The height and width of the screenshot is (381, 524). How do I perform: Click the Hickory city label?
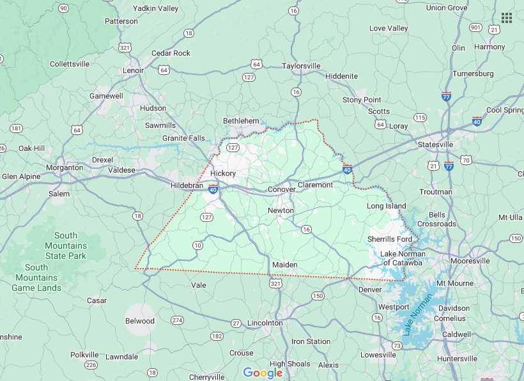coord(223,173)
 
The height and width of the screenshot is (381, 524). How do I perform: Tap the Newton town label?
coord(281,210)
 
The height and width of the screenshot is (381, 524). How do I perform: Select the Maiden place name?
coord(284,265)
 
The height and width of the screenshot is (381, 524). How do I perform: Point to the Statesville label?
coord(435,144)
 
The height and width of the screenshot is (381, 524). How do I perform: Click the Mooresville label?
coord(470,261)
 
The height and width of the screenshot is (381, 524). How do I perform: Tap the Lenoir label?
coord(134,70)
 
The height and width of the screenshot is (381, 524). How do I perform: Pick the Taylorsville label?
coord(301,66)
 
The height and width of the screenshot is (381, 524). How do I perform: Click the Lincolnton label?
coord(265,323)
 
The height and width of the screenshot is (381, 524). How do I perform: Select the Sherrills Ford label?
coord(389,239)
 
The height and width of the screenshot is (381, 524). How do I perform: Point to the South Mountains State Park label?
coord(66,245)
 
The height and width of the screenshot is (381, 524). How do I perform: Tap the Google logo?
coord(263,373)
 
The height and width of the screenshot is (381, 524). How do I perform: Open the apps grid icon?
coord(506,17)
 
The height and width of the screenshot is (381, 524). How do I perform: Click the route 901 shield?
coord(475,27)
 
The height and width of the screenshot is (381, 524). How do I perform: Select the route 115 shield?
coord(420,118)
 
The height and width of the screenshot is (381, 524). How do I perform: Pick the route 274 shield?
coord(177,320)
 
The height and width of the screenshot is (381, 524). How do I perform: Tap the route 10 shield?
coord(197,245)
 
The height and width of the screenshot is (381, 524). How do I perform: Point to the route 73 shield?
coord(397,346)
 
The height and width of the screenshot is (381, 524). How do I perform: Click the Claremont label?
coord(316,185)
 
